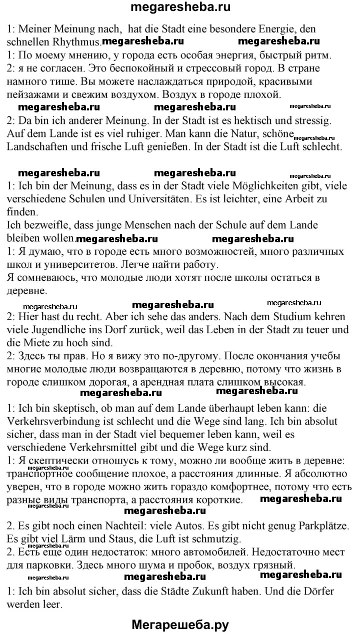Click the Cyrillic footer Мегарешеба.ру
(180, 624)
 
